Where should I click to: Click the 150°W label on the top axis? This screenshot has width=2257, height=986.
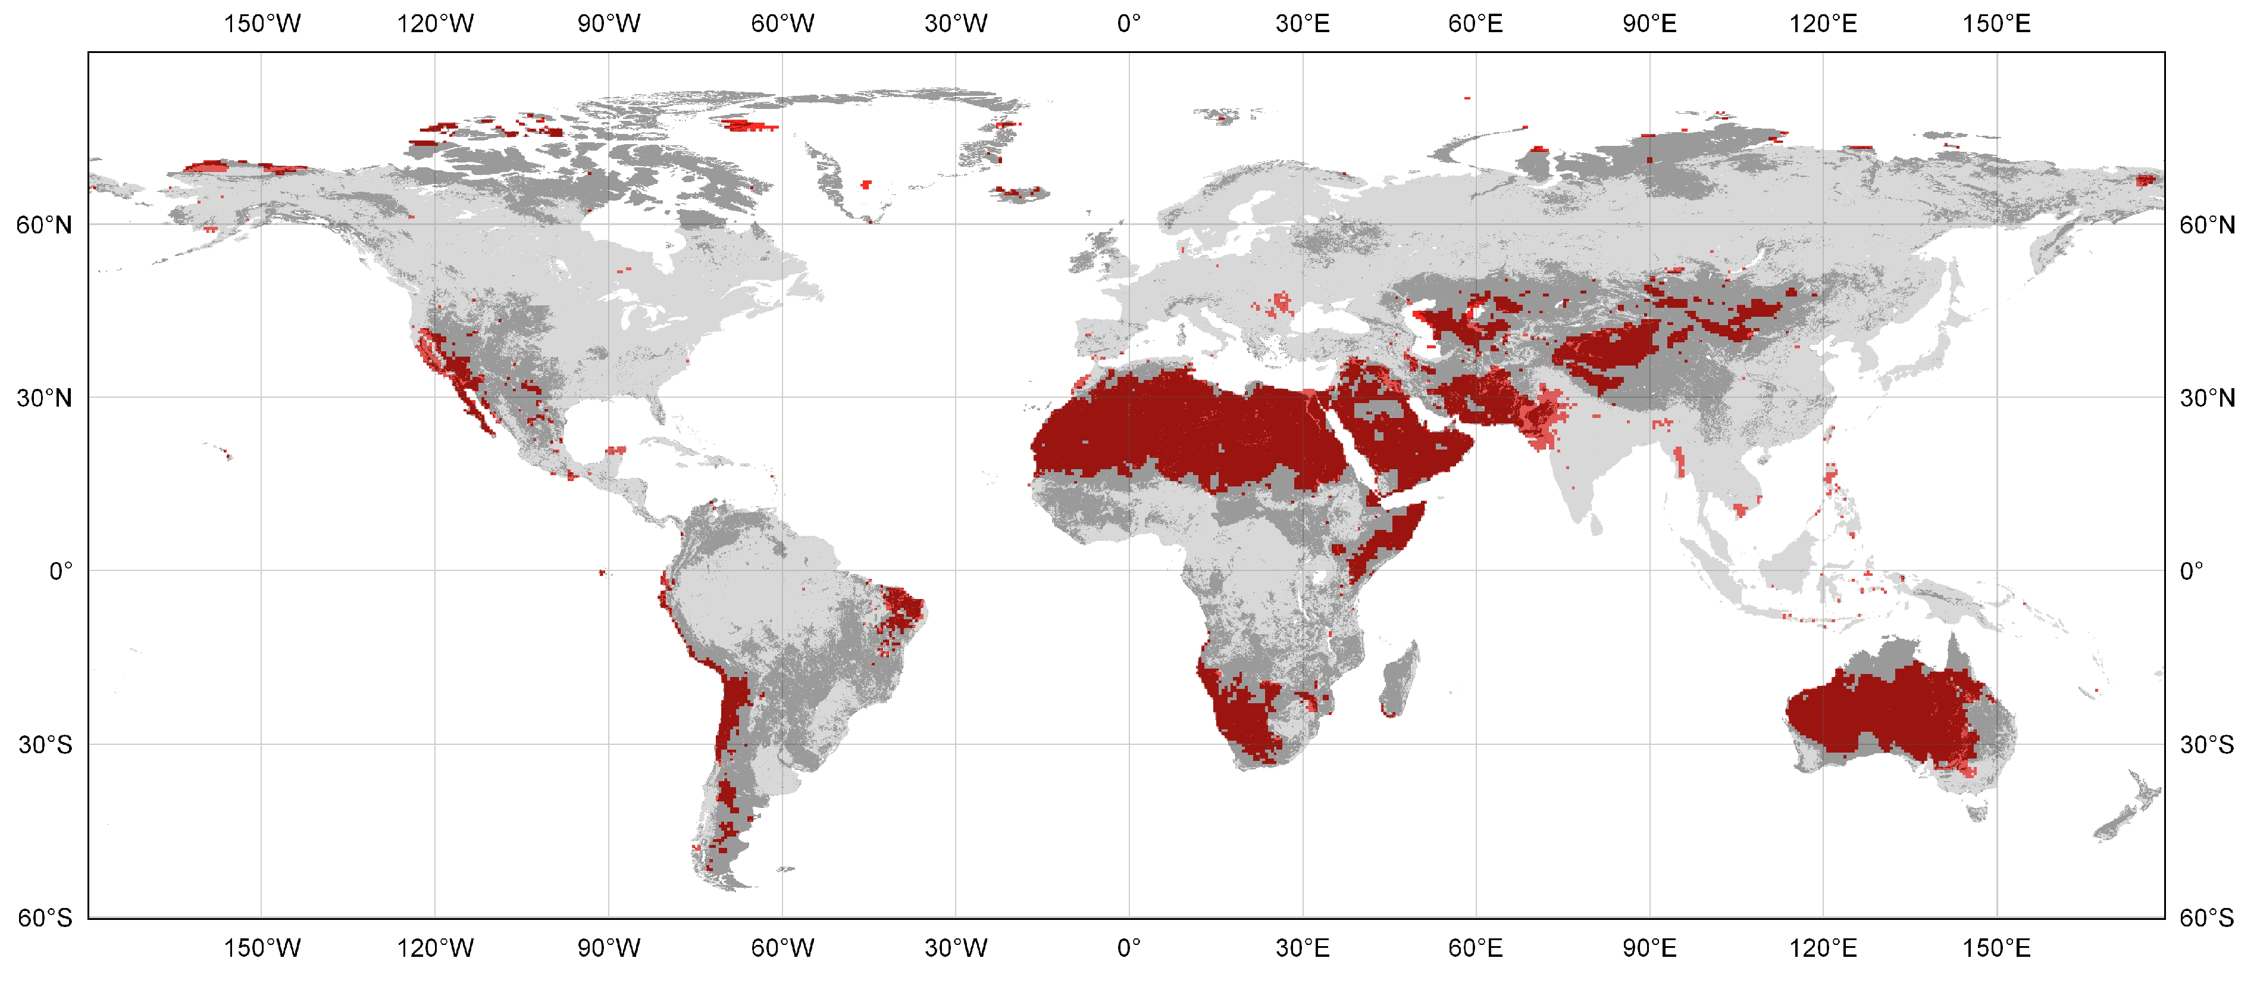coord(261,24)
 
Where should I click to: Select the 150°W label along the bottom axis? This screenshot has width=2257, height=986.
coord(261,947)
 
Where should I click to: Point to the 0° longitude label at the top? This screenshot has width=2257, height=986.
coord(1128,24)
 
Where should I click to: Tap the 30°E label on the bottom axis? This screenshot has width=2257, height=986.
coord(1302,947)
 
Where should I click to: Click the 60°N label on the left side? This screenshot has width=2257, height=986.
coord(44,225)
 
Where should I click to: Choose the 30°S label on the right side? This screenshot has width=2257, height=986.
coord(2206,745)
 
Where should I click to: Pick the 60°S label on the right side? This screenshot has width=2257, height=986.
coord(2206,918)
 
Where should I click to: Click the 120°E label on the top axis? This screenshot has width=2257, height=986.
coord(1823,24)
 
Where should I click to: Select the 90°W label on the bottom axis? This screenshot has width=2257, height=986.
coord(608,947)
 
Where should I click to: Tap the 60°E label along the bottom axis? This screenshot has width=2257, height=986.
coord(1476,947)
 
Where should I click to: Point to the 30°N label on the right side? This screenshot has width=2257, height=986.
coord(2206,398)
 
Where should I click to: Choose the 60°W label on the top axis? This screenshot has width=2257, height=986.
coord(781,24)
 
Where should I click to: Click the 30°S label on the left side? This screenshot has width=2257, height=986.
coord(45,745)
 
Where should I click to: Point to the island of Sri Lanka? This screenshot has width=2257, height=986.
coord(1595,524)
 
